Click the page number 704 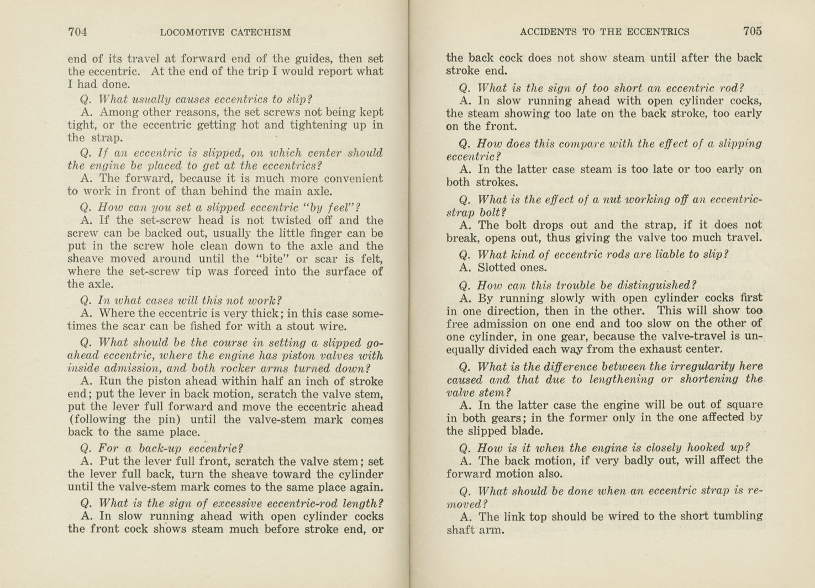point(77,32)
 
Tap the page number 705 point(752,31)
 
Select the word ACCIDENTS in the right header point(548,32)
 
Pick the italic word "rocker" point(249,369)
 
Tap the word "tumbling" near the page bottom point(737,516)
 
